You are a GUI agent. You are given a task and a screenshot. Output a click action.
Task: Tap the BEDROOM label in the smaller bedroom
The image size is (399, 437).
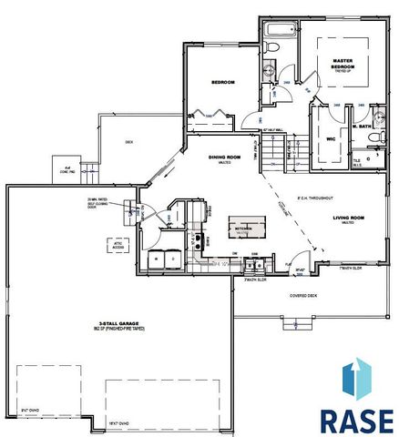point(223,83)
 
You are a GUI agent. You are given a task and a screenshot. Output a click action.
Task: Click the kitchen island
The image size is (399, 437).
point(243,229)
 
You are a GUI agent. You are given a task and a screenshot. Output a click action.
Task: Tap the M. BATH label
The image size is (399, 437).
point(368,125)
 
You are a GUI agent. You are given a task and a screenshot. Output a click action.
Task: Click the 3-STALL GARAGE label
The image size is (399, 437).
point(118,324)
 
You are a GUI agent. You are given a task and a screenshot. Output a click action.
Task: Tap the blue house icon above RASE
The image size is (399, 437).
point(356,379)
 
